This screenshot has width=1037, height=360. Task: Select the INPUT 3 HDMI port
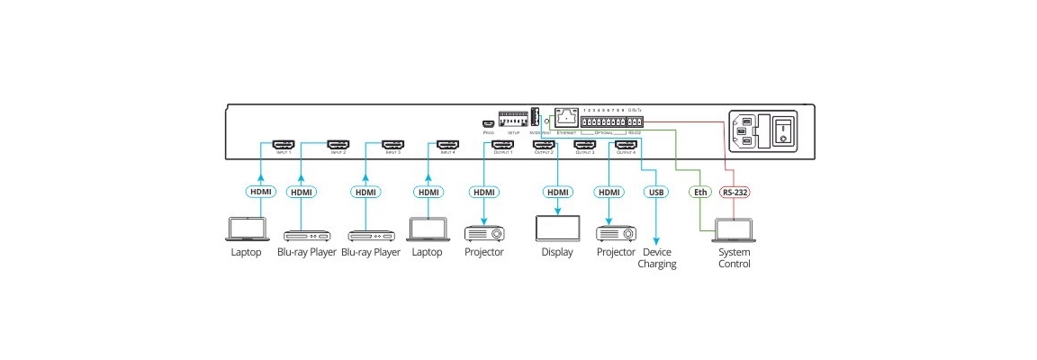(x=393, y=144)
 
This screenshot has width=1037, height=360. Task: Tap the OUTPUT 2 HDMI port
(x=544, y=144)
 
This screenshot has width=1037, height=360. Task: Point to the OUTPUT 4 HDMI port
(x=626, y=144)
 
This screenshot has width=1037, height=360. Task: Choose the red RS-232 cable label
(x=735, y=192)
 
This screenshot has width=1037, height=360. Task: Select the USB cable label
(x=655, y=192)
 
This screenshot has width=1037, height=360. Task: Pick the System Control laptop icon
(x=735, y=232)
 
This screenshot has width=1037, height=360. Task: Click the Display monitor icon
(x=557, y=228)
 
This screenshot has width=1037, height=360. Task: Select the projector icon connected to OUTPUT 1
(x=484, y=233)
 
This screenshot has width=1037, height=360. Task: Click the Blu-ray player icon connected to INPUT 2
(x=301, y=235)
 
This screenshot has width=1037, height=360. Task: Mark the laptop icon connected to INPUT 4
(x=428, y=229)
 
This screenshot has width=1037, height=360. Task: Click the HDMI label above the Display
(x=558, y=192)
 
